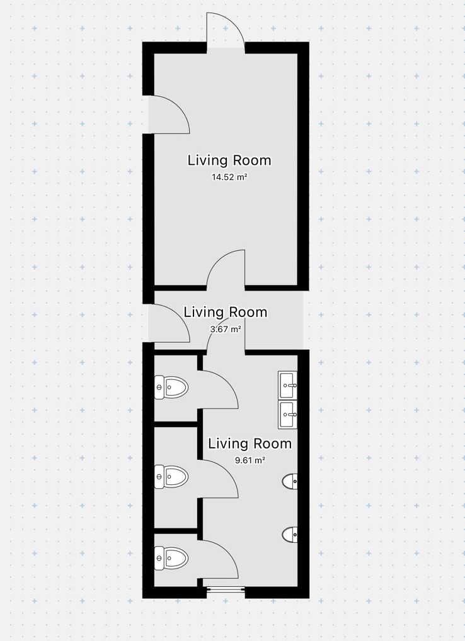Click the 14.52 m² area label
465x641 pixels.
[x=229, y=177]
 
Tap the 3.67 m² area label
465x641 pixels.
[x=225, y=328]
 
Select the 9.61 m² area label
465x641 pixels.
[x=250, y=460]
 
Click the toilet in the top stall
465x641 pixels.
[x=171, y=387]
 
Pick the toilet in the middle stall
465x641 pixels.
[x=171, y=477]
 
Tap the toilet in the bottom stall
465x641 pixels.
[x=171, y=558]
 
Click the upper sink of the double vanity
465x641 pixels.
[x=288, y=385]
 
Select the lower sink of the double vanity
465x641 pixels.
[x=288, y=415]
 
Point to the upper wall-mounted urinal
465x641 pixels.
[x=290, y=482]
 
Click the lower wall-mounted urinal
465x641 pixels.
[x=290, y=534]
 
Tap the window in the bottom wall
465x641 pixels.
[x=226, y=589]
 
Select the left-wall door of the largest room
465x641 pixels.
[x=168, y=114]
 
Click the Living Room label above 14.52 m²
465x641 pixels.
[x=229, y=160]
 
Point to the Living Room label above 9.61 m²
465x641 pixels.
[x=250, y=443]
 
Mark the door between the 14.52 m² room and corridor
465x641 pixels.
[x=226, y=269]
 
